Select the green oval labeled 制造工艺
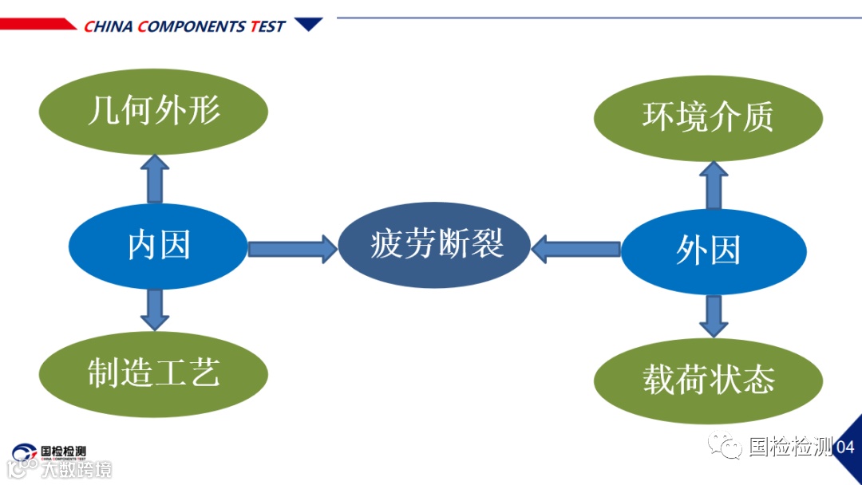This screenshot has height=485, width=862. pyautogui.click(x=153, y=373)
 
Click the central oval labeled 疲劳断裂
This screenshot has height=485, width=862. pyautogui.click(x=435, y=244)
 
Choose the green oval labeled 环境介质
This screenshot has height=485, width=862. pyautogui.click(x=708, y=118)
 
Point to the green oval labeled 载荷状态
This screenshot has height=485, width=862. pyautogui.click(x=708, y=381)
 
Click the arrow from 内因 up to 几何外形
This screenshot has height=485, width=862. pyautogui.click(x=154, y=179)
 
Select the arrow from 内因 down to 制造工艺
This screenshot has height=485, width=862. pyautogui.click(x=154, y=310)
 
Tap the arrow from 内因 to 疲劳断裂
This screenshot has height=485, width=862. pyautogui.click(x=292, y=249)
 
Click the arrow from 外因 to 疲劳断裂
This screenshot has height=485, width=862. pyautogui.click(x=575, y=249)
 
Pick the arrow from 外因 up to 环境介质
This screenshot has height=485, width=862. pyautogui.click(x=714, y=185)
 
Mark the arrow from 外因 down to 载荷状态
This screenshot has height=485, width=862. pyautogui.click(x=714, y=316)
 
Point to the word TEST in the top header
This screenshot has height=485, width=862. pyautogui.click(x=267, y=26)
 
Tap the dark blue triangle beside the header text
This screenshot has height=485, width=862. pyautogui.click(x=308, y=24)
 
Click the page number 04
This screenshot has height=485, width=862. pyautogui.click(x=845, y=448)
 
